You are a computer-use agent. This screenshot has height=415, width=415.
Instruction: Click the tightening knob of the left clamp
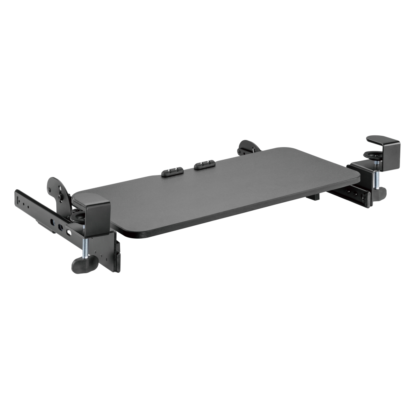pyautogui.click(x=85, y=265)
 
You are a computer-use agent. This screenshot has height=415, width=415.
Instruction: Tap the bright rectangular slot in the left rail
pyautogui.click(x=68, y=233)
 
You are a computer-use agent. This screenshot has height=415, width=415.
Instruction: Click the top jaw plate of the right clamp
pyautogui.click(x=383, y=141)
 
